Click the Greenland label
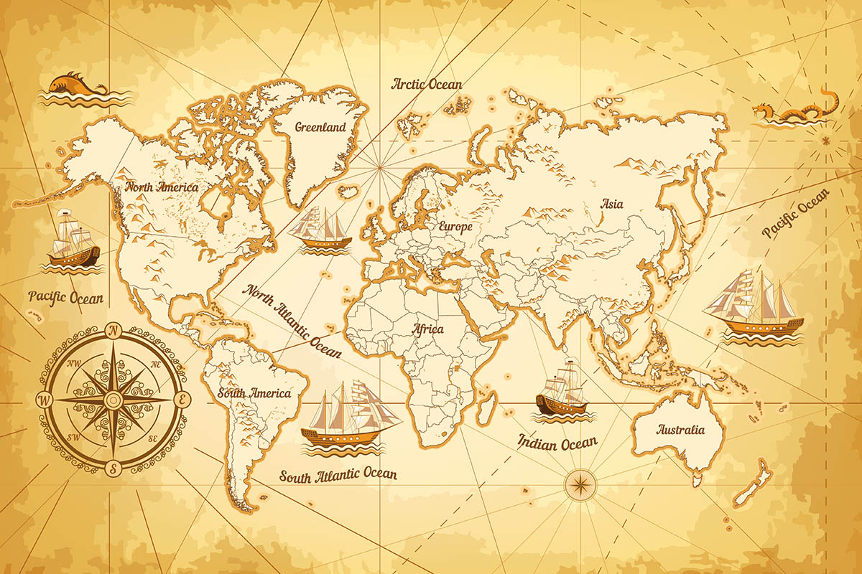(320, 127)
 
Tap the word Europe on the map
(455, 227)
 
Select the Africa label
(428, 329)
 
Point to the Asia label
(612, 204)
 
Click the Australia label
(680, 430)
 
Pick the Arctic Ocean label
(427, 84)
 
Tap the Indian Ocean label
(557, 442)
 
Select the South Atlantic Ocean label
(338, 475)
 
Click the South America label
(255, 393)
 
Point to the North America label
(162, 187)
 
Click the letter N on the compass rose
(113, 331)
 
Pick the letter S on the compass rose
(113, 468)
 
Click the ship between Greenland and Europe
(323, 228)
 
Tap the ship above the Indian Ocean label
(563, 390)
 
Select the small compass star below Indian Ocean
(577, 485)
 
